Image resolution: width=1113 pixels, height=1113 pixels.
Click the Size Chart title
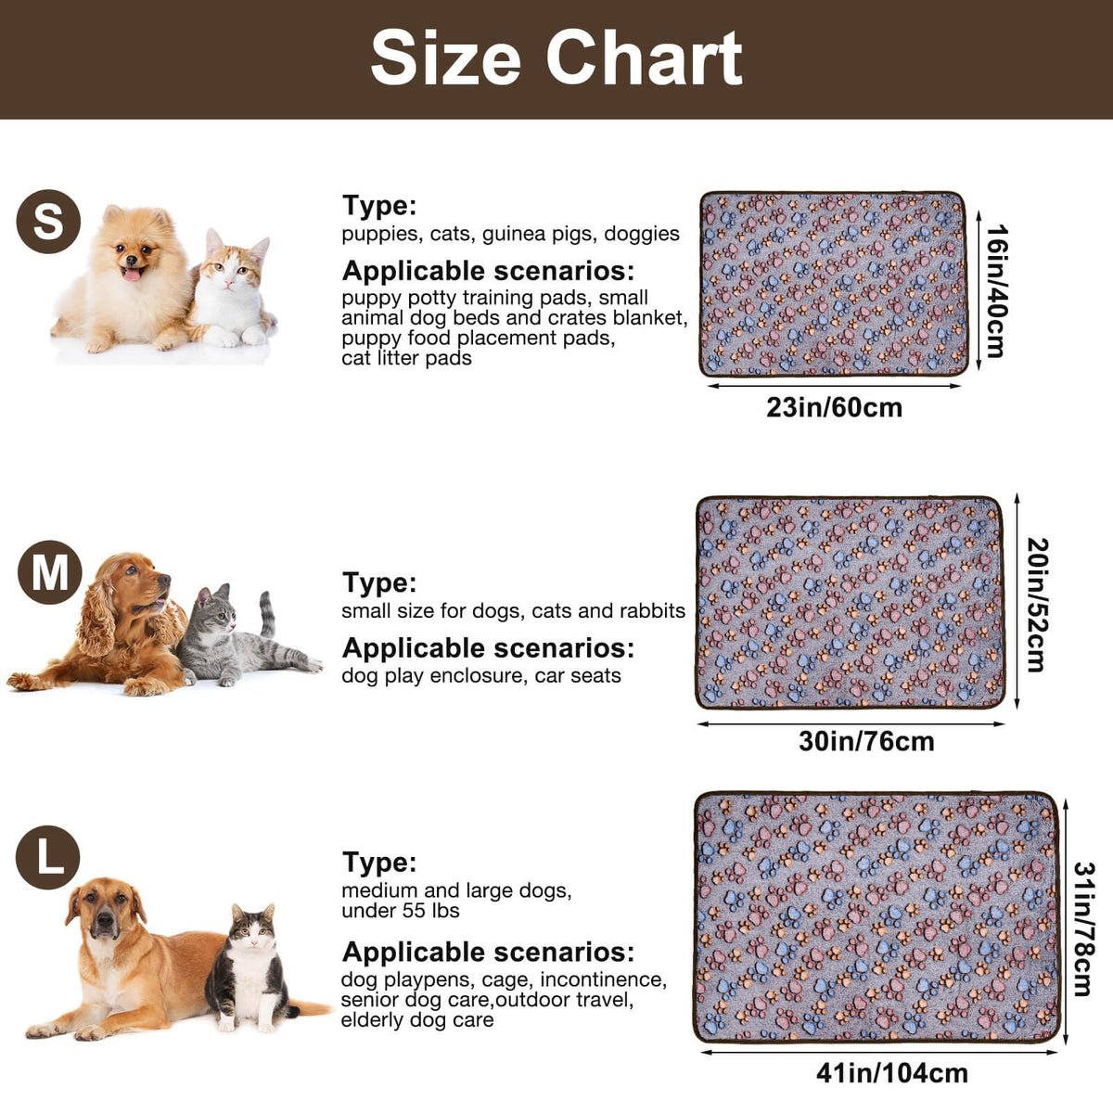556,58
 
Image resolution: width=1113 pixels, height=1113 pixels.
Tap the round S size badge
48,222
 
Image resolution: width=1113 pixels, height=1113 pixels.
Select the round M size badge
50,572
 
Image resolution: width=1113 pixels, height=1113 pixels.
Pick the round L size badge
48,857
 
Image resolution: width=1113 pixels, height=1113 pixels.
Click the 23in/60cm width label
834,408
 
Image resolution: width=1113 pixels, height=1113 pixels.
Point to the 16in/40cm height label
997,291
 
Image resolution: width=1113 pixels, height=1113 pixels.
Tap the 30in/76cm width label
866,741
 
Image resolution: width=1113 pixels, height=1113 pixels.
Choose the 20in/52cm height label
1037,605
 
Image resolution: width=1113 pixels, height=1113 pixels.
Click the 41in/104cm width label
892,1073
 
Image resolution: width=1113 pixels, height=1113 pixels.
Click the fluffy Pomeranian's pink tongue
133,274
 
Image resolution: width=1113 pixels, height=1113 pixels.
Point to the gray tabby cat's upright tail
266,613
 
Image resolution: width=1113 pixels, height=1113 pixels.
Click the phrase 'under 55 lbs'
401,911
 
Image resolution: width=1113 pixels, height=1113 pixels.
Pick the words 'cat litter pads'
406,358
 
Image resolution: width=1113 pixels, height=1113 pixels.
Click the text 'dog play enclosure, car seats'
481,676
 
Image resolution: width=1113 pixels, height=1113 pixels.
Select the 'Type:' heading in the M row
379,582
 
